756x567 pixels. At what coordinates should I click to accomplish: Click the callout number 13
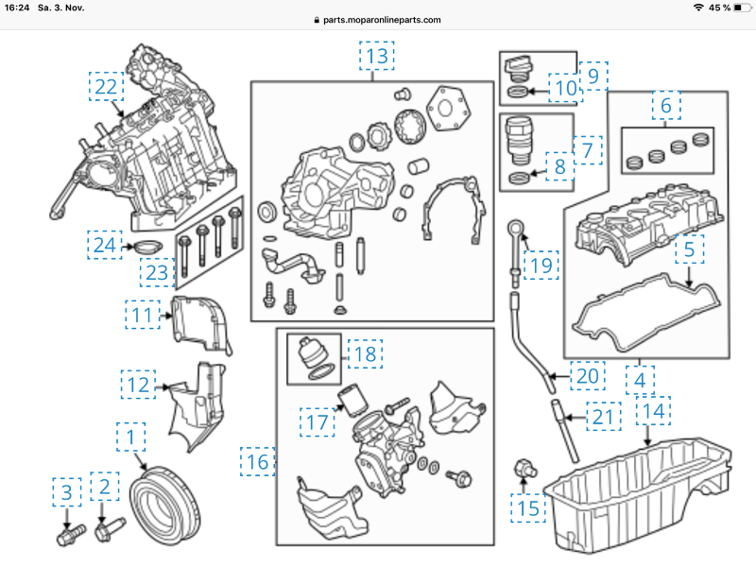(x=377, y=57)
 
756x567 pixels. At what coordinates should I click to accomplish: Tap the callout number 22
(x=108, y=87)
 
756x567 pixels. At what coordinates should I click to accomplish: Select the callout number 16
(x=258, y=462)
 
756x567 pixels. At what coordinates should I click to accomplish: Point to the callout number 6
(x=665, y=106)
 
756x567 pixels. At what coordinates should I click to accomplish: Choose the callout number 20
(x=587, y=376)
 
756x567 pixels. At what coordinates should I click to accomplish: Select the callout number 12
(x=137, y=384)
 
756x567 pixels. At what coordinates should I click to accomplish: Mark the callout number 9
(x=593, y=76)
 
